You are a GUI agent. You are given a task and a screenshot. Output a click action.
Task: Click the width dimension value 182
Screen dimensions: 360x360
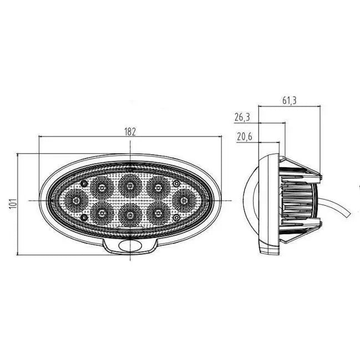[130, 131]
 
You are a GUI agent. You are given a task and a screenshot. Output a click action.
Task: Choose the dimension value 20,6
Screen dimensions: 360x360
[244, 137]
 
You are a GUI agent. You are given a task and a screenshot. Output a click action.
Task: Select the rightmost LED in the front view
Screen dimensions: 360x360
[181, 198]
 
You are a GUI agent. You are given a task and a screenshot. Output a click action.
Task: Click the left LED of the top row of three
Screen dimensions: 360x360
[101, 186]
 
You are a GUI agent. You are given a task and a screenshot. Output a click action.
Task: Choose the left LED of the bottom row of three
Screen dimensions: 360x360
[101, 211]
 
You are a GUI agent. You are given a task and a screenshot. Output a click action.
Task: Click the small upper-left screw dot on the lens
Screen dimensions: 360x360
[83, 184]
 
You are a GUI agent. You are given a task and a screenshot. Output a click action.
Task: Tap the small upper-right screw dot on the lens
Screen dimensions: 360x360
[176, 183]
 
